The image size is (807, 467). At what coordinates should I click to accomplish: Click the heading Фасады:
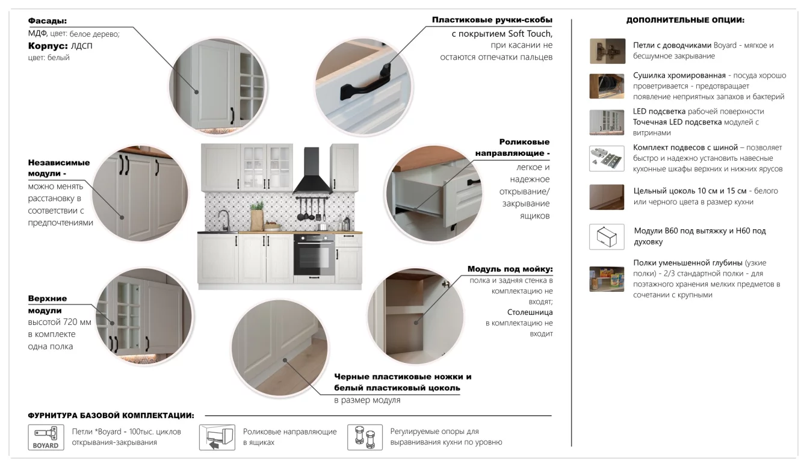[47, 21]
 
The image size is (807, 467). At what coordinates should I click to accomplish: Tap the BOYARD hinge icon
[46, 437]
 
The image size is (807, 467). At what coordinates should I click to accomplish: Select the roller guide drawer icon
[217, 437]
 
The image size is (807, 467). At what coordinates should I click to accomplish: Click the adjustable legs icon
[365, 437]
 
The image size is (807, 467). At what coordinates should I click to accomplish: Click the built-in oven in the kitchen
[314, 255]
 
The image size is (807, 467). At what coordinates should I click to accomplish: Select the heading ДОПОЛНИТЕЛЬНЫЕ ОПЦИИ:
[685, 20]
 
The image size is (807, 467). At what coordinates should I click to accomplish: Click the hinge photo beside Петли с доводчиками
[607, 51]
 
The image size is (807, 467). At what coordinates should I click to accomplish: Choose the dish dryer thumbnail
[607, 86]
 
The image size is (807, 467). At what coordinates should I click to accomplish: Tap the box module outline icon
[607, 237]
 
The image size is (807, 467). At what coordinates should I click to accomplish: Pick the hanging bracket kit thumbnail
[607, 158]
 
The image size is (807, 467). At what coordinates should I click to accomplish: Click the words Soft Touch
[530, 34]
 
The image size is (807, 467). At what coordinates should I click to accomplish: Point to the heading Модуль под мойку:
[510, 269]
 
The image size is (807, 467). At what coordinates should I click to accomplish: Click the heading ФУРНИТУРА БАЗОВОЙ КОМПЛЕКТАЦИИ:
[111, 415]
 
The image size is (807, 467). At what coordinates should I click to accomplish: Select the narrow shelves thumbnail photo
[607, 279]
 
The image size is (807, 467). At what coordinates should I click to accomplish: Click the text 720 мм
[77, 322]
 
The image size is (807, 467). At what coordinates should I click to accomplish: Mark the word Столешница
[530, 312]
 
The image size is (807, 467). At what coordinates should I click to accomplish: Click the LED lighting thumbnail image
[607, 123]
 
